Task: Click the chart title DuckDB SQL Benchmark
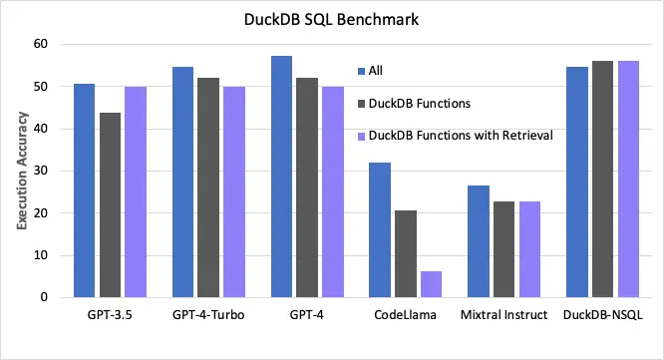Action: pos(332,18)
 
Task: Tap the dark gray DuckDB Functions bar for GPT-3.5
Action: pos(109,204)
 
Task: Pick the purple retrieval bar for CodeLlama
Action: pos(431,284)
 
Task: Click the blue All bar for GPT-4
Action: pos(281,177)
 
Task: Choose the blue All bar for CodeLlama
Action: pos(380,229)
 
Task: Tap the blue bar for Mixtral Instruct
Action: pos(479,241)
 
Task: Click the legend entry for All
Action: pos(375,70)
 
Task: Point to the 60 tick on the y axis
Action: pos(41,44)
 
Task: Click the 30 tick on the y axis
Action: pos(41,171)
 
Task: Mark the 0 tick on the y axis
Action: pos(44,297)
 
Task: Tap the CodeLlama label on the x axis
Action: pos(405,316)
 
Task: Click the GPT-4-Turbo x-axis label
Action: pos(207,316)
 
